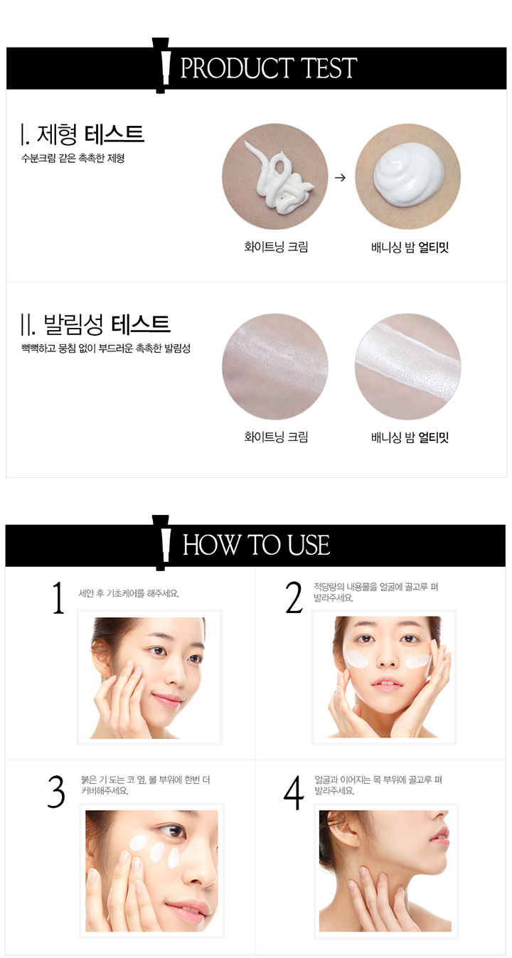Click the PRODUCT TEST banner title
point(269,68)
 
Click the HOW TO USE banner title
point(256,545)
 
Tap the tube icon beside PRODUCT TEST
point(161,65)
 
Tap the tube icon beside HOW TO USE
point(161,543)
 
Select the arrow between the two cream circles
point(340,178)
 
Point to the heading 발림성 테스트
point(96,324)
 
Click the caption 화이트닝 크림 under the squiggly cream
point(276,247)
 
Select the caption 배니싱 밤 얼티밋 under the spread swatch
point(410,437)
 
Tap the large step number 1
point(58,598)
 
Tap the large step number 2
point(294,598)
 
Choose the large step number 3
point(56,792)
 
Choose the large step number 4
point(294,792)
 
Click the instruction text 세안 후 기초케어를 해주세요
point(129,594)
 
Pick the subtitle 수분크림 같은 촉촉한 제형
point(73,159)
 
